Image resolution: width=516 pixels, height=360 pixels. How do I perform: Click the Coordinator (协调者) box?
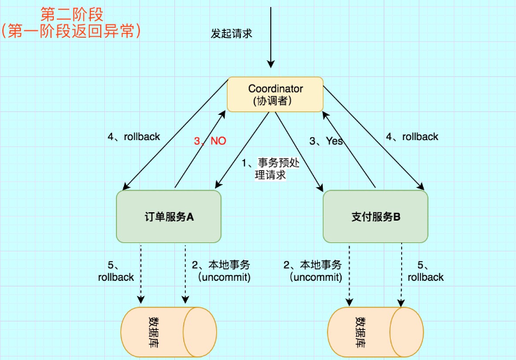coord(275,95)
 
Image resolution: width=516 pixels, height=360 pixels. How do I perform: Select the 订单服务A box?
coord(168,216)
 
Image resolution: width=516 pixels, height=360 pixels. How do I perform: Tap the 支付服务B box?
coord(375,216)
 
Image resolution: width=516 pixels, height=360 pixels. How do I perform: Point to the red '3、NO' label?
coord(210,141)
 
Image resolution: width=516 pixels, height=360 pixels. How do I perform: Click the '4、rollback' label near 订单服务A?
coord(134,137)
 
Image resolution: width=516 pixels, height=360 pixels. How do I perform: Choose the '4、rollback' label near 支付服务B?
coord(412,137)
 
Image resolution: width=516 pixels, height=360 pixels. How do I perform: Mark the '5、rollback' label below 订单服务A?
coord(116,271)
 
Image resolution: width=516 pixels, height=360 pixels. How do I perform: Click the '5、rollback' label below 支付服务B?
coord(426,271)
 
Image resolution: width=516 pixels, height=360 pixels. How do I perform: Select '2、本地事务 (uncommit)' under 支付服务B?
coord(312,271)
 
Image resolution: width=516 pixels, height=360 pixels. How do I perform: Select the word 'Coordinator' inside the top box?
coord(275,89)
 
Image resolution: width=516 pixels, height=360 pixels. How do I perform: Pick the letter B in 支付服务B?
coord(396,217)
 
